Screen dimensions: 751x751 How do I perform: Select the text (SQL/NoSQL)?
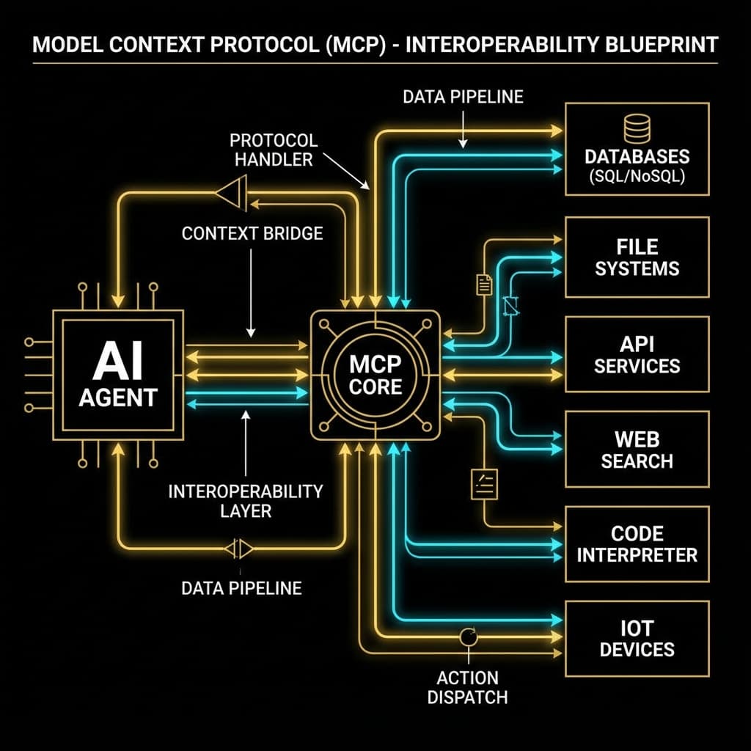(637, 178)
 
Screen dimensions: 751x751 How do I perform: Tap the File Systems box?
(637, 257)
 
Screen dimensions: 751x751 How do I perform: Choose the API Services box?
(637, 354)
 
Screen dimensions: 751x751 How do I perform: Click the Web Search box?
(637, 450)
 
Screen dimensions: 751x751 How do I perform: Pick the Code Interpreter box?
(637, 543)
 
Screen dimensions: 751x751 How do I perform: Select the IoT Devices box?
(637, 638)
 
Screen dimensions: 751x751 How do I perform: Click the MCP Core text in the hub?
(375, 375)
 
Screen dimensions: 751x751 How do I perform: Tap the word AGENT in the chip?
(118, 397)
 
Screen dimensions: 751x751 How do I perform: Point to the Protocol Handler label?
(274, 150)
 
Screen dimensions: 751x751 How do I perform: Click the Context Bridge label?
(252, 233)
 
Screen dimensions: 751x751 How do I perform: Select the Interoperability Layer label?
(245, 500)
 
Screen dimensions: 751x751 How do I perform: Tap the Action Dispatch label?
(467, 686)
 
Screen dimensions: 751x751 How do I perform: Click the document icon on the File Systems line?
(484, 284)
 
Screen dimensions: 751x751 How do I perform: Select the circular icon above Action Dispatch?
(468, 637)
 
